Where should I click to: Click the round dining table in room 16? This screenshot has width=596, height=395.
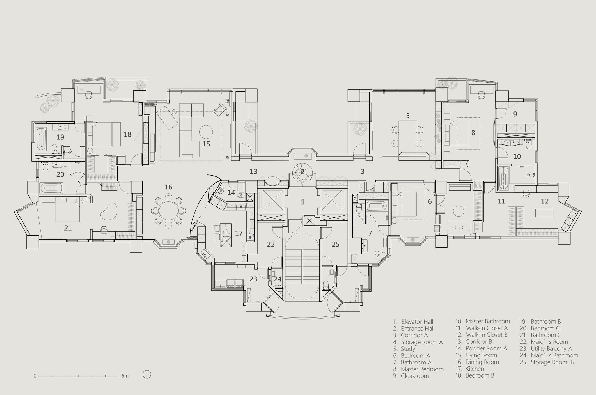tap(168, 212)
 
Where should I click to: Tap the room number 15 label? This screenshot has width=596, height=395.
tap(206, 144)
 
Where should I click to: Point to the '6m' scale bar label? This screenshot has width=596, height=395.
tap(125, 376)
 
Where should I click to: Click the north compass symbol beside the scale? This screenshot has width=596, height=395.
tap(147, 374)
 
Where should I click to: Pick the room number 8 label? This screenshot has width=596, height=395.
tap(473, 133)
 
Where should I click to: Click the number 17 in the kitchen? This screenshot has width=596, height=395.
tap(239, 233)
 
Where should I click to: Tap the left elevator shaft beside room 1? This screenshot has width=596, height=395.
tap(273, 200)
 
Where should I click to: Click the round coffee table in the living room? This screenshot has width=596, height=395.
tap(206, 132)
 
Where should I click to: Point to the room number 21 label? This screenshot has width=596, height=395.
tap(68, 228)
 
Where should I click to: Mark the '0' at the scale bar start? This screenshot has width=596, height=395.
tap(35, 376)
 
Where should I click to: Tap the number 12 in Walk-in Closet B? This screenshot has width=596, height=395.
tap(544, 201)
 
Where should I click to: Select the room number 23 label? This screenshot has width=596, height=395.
tap(253, 279)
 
